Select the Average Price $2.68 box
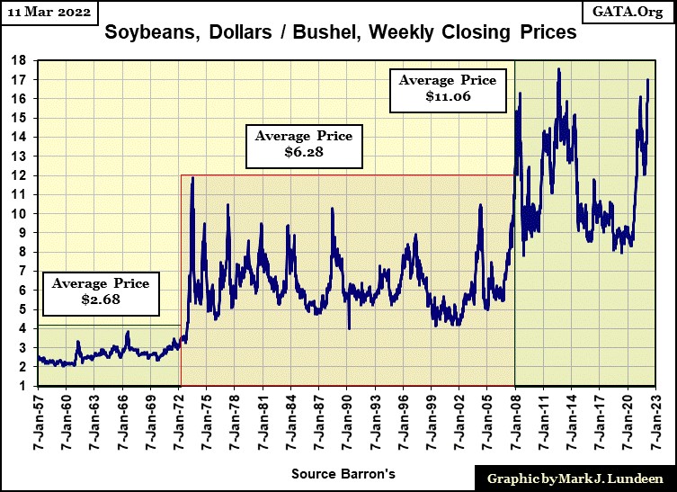pyautogui.click(x=100, y=291)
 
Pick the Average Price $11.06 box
pyautogui.click(x=447, y=88)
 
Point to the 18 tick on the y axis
pyautogui.click(x=22, y=60)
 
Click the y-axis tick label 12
pyautogui.click(x=22, y=175)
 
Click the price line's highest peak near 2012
pyautogui.click(x=558, y=68)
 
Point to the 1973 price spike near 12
pyautogui.click(x=192, y=178)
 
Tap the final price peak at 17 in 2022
pyautogui.click(x=648, y=80)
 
